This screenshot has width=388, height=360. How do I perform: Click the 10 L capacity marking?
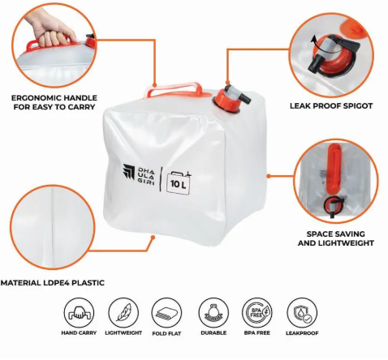[179, 183]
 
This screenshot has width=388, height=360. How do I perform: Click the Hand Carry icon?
[79, 313]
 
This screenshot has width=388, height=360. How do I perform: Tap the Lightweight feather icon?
[123, 313]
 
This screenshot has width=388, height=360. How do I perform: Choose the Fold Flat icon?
[166, 313]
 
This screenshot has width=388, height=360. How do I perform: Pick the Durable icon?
[213, 313]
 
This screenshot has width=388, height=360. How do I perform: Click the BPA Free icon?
[257, 313]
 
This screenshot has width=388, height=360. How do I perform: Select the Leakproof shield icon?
[302, 313]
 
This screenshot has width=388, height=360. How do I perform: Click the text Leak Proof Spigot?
[331, 105]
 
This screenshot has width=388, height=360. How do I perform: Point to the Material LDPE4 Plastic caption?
[53, 283]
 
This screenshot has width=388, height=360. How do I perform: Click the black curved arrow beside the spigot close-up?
[314, 42]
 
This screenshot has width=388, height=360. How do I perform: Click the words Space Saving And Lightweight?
[336, 238]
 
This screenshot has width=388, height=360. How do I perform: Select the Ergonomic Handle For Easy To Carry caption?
[54, 102]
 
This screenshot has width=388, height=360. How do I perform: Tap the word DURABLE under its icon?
[213, 333]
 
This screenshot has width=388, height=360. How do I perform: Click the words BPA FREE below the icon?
[257, 333]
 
